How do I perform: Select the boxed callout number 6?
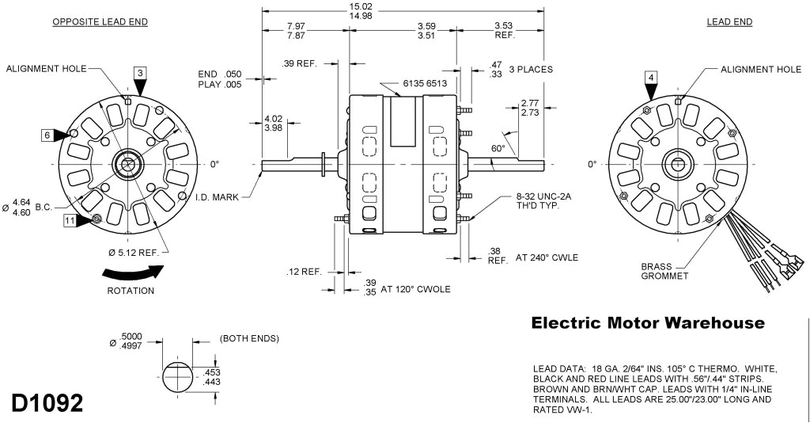(x=47, y=135)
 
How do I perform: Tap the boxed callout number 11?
(x=70, y=222)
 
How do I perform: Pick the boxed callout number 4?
(x=650, y=77)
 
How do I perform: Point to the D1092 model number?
(x=47, y=402)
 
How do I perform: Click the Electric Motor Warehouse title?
(x=648, y=323)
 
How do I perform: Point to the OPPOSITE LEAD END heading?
(x=100, y=21)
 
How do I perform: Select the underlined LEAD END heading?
(x=729, y=21)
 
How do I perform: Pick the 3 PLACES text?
(x=531, y=69)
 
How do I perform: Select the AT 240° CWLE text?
(x=547, y=257)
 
